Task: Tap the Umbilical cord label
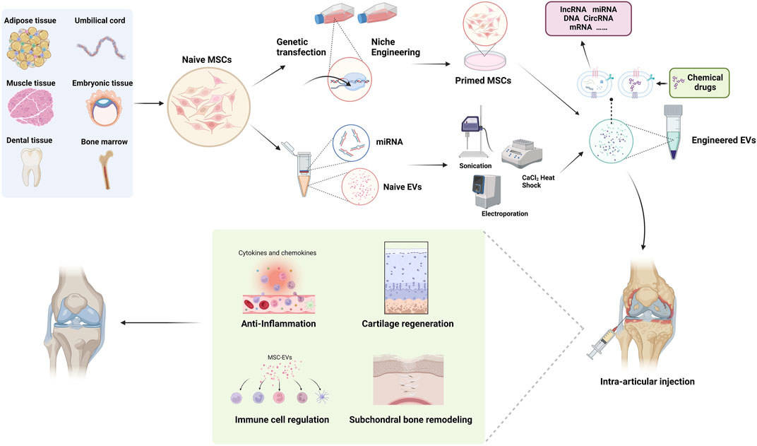(100, 20)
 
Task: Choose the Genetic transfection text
(302, 47)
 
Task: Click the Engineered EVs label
(725, 141)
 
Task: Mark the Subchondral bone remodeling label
(410, 420)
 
